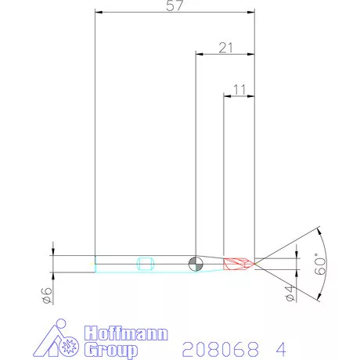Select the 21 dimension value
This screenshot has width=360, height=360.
tap(226, 48)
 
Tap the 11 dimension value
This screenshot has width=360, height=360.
tap(239, 91)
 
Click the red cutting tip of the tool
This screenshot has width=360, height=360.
tap(238, 264)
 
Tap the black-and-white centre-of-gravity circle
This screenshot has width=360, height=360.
tap(196, 263)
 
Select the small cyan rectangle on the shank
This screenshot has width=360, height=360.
tap(144, 263)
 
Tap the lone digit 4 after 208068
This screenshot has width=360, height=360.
tap(279, 345)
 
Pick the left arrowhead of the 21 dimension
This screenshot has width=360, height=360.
tap(199, 54)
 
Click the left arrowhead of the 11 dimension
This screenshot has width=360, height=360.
tap(228, 97)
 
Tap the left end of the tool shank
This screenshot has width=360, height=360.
tap(95, 264)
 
